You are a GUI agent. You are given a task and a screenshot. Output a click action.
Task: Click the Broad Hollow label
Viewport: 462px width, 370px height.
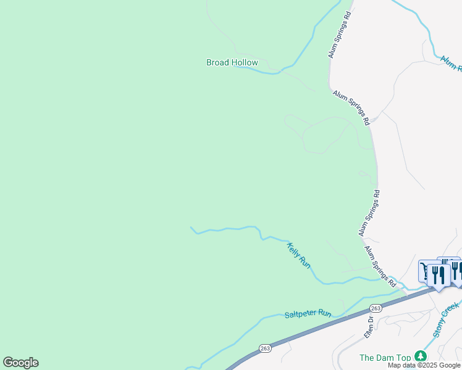click(x=232, y=62)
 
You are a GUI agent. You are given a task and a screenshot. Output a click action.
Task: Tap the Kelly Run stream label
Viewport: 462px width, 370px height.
click(x=298, y=255)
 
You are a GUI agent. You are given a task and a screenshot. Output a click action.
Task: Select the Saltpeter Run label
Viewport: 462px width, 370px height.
click(x=308, y=314)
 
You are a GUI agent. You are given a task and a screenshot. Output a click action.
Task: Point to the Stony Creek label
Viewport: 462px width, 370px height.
click(x=446, y=319)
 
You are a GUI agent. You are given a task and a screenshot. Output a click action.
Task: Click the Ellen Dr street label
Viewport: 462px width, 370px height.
click(x=369, y=326)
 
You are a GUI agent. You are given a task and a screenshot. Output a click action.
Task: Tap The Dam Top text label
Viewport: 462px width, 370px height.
click(x=385, y=358)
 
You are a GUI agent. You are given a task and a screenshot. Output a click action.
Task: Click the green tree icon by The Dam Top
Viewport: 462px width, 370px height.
click(x=421, y=356)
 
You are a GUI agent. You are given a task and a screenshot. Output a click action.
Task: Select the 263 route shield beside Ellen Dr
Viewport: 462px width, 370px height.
click(x=375, y=308)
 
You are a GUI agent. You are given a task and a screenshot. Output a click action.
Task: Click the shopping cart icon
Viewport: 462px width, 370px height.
click(x=426, y=269)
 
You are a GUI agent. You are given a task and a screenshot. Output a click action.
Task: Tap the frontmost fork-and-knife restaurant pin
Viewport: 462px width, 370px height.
click(x=439, y=275)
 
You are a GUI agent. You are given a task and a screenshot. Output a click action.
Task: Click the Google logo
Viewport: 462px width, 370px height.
click(x=20, y=363)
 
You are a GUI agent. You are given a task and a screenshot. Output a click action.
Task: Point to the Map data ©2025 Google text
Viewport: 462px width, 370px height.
click(x=424, y=365)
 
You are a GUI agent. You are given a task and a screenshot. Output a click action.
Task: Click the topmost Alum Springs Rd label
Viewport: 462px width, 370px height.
click(x=340, y=35)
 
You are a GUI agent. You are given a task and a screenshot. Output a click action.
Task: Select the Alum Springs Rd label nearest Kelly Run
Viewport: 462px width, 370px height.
click(x=380, y=266)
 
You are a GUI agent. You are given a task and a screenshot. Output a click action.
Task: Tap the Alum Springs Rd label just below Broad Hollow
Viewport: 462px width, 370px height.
click(x=351, y=108)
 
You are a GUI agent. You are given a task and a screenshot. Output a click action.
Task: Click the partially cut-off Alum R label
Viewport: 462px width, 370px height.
click(x=451, y=63)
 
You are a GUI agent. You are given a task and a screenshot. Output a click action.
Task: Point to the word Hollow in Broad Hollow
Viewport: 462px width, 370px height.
click(x=245, y=62)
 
